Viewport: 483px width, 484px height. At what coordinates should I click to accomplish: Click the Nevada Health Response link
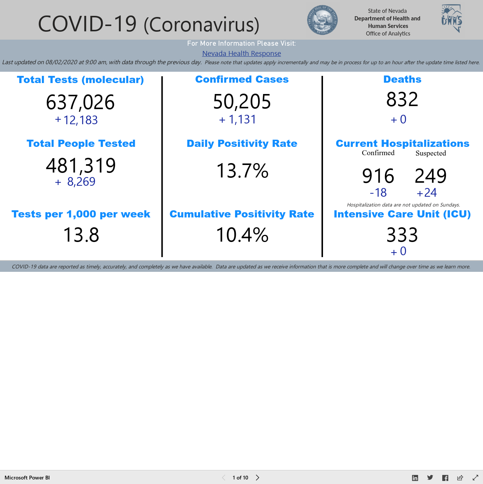(241, 54)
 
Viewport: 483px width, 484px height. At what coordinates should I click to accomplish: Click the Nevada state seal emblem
(322, 20)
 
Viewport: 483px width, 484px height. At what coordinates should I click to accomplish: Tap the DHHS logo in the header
(452, 18)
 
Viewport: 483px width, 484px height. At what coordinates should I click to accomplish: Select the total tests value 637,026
(80, 102)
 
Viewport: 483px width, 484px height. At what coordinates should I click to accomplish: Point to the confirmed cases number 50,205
(242, 102)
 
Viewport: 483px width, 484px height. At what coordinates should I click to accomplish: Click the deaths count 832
(402, 99)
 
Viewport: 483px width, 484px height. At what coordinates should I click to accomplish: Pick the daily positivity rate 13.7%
(242, 171)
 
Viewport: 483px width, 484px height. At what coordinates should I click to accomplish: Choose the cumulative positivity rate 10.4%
(242, 235)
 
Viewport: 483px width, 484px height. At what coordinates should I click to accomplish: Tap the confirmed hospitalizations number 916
(378, 176)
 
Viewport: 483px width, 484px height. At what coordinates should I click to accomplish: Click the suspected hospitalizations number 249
(431, 176)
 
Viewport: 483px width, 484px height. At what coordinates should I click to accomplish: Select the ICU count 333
(402, 235)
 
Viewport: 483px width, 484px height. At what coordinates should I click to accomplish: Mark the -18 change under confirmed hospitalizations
(378, 193)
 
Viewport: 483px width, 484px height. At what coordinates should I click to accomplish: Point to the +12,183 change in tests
(76, 120)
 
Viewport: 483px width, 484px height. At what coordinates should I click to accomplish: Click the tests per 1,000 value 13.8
(81, 235)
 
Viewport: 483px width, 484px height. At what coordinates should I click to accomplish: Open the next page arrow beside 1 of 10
(257, 478)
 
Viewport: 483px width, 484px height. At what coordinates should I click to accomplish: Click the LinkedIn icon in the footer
(415, 478)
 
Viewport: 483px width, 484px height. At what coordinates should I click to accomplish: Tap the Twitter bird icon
(430, 478)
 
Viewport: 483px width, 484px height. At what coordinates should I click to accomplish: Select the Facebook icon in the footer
(445, 478)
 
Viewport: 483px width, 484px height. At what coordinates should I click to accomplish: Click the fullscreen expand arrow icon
(475, 478)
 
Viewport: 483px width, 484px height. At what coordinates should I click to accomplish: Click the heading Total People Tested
(81, 143)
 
